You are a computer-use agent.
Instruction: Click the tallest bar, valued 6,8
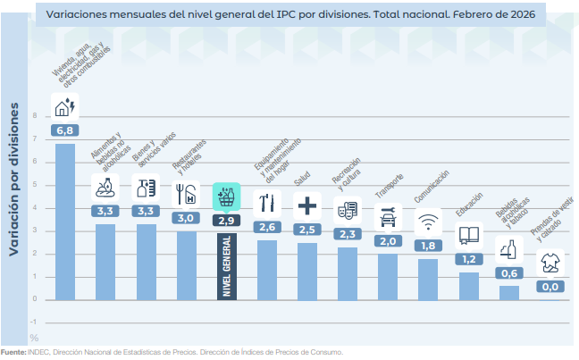click(x=65, y=221)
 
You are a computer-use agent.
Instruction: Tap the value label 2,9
click(x=225, y=220)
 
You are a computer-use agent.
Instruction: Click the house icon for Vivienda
click(x=65, y=107)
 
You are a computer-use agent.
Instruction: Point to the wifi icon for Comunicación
click(x=428, y=220)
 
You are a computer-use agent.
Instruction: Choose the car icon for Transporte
click(x=388, y=216)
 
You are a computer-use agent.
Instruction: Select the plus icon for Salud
click(x=306, y=205)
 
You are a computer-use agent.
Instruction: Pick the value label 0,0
click(x=550, y=287)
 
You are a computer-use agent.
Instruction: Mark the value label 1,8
click(x=428, y=246)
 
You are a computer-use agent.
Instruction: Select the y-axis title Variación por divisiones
click(x=13, y=180)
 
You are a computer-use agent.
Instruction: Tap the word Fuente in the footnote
click(x=13, y=352)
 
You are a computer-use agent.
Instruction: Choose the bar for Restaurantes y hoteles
click(x=186, y=265)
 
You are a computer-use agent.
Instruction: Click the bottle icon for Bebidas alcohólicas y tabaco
click(x=509, y=250)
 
